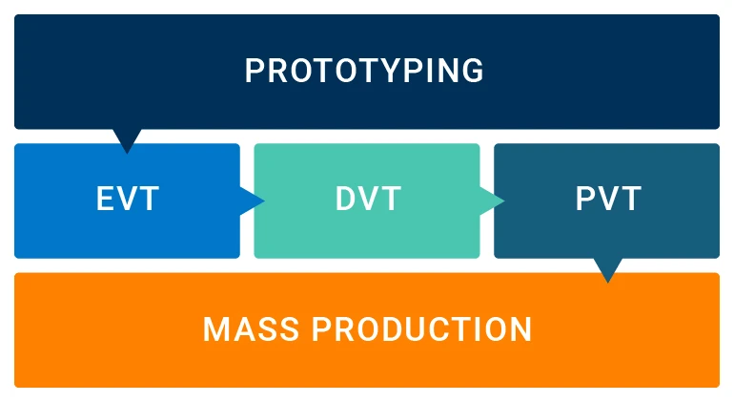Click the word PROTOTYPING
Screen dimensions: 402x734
click(x=365, y=72)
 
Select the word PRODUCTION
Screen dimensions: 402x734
click(x=422, y=329)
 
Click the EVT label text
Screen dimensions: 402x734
click(x=127, y=201)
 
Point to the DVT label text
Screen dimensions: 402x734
click(x=368, y=201)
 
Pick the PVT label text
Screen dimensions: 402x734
click(x=608, y=201)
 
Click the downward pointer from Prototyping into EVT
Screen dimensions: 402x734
click(x=127, y=139)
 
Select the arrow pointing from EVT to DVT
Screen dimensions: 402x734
click(x=252, y=201)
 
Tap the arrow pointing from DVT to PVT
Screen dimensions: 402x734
click(x=492, y=201)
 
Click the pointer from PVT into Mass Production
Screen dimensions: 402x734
click(x=606, y=269)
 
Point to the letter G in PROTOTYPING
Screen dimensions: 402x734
click(x=472, y=72)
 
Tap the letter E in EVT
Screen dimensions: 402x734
click(x=106, y=201)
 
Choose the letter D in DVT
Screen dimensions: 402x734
click(x=346, y=201)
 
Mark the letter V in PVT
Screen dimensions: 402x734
click(x=608, y=201)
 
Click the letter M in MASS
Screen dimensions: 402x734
click(x=215, y=329)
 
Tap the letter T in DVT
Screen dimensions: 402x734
click(x=391, y=201)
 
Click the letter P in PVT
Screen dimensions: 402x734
click(x=586, y=201)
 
